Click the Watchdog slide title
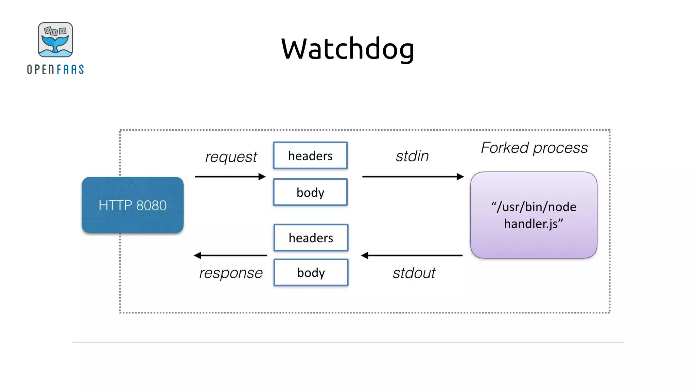coord(347,49)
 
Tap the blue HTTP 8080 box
coord(133,205)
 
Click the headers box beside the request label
coord(310,156)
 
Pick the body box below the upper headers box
coord(310,192)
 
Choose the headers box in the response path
coord(311,238)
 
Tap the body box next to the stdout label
coord(311,273)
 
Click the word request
coord(231,157)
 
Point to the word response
coord(231,273)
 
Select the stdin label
coord(412,156)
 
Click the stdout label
coord(414,273)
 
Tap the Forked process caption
coord(534,148)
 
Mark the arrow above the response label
coord(230,255)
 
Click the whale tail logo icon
coord(55,40)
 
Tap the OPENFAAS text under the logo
coord(55,69)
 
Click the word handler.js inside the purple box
coord(533,224)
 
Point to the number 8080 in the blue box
coord(151,206)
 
